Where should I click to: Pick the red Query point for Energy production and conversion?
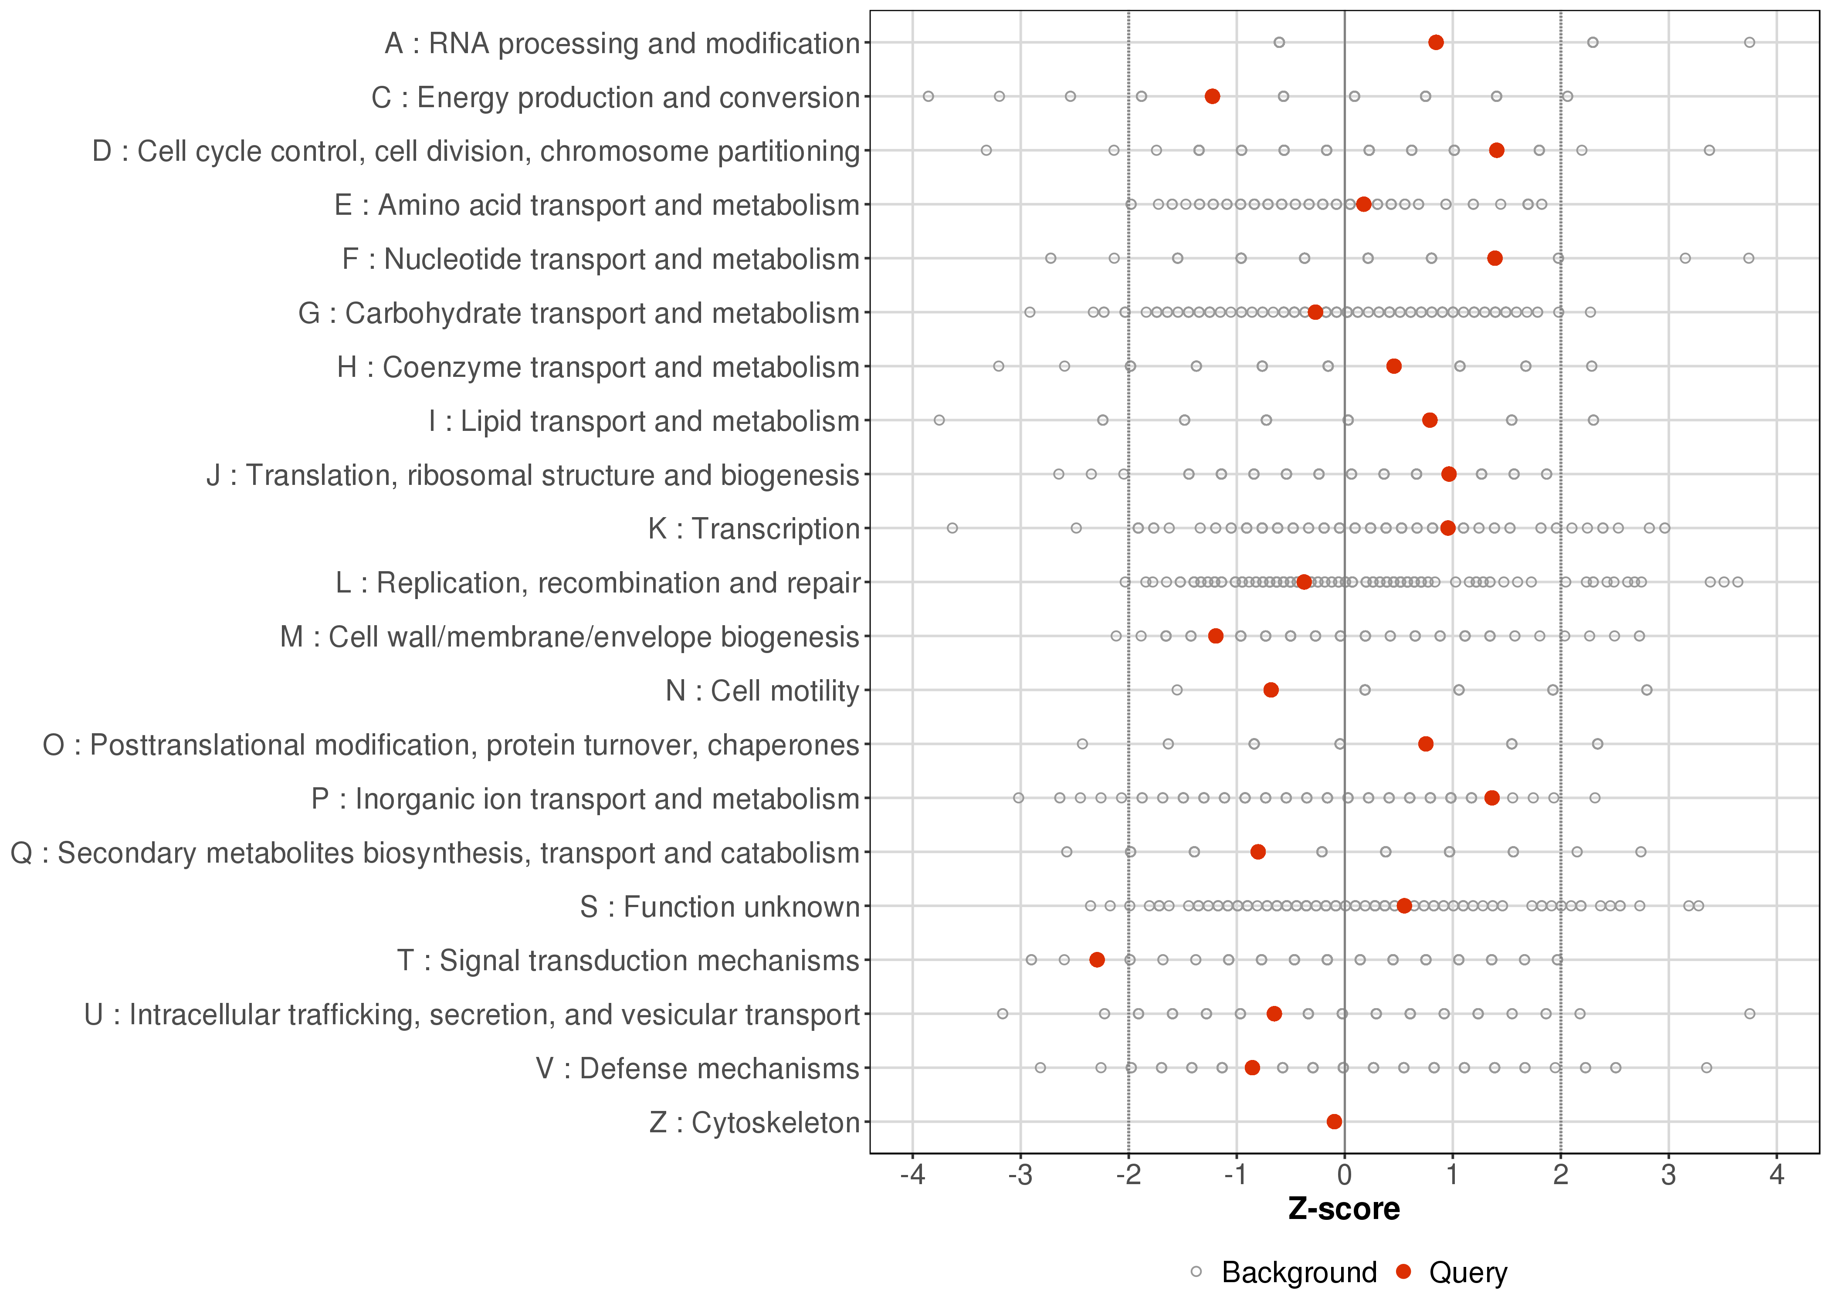pos(1212,97)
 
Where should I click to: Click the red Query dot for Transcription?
pos(1448,528)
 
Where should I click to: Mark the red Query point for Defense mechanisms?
pos(1252,1067)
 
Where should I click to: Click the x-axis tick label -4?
pos(912,1176)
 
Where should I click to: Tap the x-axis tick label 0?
pos(1345,1176)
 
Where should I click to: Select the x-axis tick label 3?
pos(1669,1176)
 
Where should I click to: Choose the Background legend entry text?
pos(1299,1273)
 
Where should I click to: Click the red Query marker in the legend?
pos(1404,1272)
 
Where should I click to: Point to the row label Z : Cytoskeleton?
pos(754,1122)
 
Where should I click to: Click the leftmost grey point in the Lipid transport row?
pos(939,420)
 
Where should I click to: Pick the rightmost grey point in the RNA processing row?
pos(1749,43)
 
